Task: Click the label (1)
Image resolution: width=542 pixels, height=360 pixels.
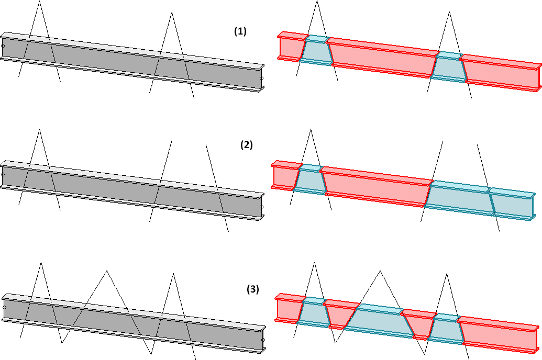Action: [x=240, y=31]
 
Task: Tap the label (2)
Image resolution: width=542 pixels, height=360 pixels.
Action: [x=246, y=145]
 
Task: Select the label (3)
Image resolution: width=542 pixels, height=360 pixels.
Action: [x=252, y=289]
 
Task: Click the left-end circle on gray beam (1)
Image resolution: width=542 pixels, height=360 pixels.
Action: [x=3, y=46]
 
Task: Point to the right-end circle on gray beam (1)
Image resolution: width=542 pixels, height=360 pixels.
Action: [x=261, y=78]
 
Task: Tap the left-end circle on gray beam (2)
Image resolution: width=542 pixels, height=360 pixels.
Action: [x=3, y=174]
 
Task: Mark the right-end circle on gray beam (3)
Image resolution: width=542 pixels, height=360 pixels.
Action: [x=263, y=340]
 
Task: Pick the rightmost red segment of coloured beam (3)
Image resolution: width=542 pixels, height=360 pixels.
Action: [x=497, y=335]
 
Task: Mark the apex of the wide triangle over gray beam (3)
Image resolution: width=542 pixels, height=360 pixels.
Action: [x=107, y=271]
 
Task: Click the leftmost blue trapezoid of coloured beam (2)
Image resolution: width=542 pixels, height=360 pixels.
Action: [x=311, y=179]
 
